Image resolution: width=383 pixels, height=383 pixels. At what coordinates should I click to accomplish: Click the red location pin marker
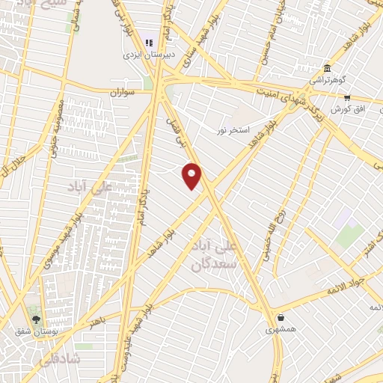[x=192, y=175]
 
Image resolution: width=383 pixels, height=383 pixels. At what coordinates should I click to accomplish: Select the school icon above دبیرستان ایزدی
[x=148, y=43]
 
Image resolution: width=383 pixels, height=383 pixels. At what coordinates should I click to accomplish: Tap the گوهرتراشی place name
[x=327, y=80]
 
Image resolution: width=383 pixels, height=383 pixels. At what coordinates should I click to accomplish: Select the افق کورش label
[x=348, y=109]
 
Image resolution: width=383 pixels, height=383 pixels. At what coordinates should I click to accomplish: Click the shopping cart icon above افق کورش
[x=347, y=97]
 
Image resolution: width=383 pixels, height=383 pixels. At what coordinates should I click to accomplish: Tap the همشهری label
[x=281, y=328]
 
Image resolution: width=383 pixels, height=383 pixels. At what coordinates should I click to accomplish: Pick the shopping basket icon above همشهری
[x=281, y=316]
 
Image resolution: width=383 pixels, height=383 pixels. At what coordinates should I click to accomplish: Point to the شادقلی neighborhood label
[x=52, y=359]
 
